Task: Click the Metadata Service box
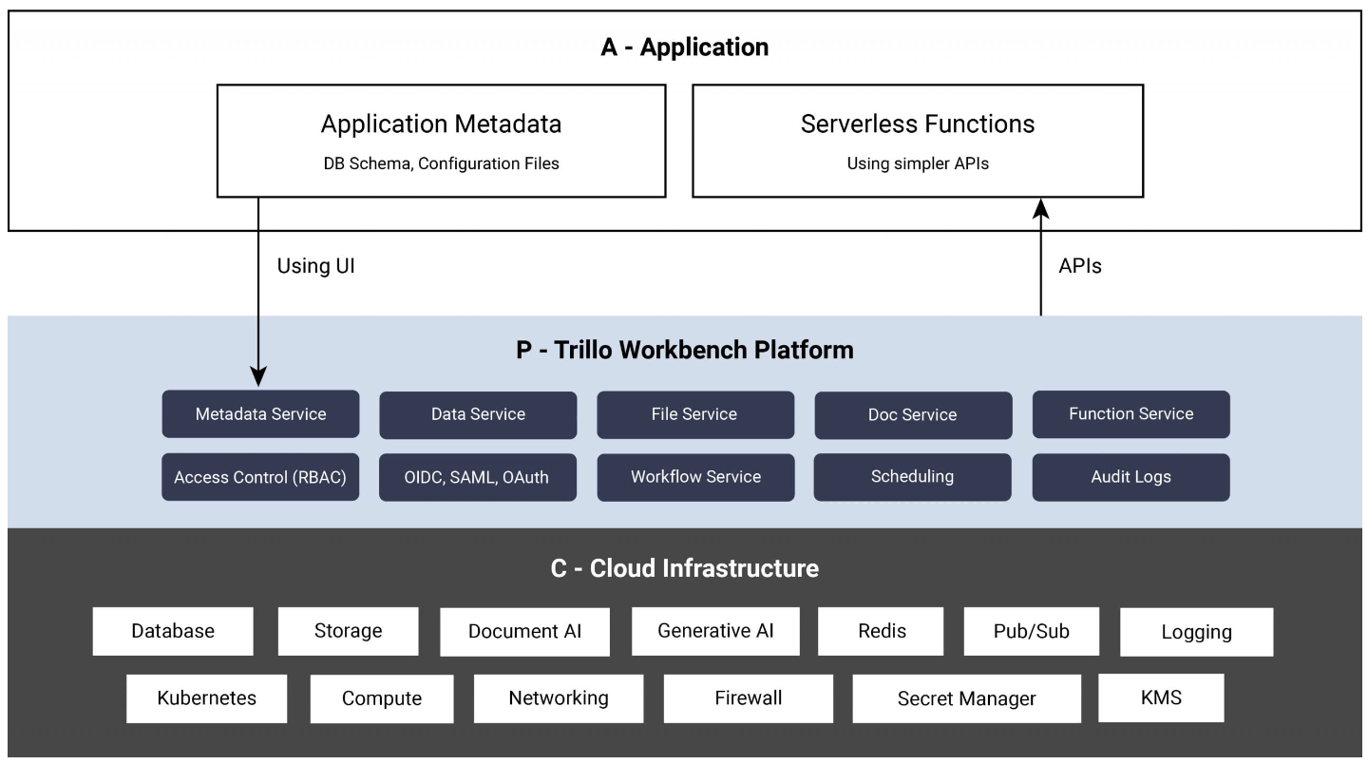coord(260,414)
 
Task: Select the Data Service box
coord(478,414)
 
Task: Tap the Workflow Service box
coord(695,477)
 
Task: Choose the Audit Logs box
coord(1130,477)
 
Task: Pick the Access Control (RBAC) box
coord(260,477)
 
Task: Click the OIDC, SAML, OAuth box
coord(478,477)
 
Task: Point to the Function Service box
coord(1130,414)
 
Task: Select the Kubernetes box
coord(206,698)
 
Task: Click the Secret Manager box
coord(966,699)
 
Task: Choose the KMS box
coord(1161,697)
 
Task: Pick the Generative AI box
coord(715,631)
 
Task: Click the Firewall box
coord(748,698)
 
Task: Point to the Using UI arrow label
coord(315,267)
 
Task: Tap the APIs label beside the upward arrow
coord(1079,267)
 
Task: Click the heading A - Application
coord(684,48)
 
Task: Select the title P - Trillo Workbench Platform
coord(684,350)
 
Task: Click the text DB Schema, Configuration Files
coord(441,163)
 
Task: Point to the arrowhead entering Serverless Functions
coord(1042,207)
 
